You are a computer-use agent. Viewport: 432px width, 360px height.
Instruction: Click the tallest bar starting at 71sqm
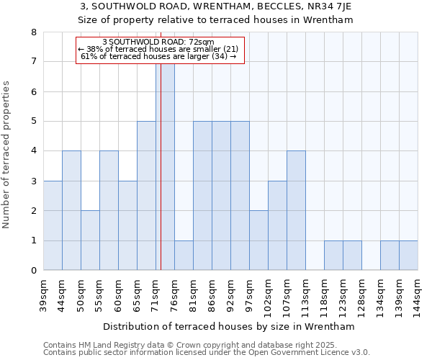(x=165, y=166)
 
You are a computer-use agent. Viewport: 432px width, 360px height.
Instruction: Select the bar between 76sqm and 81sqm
(x=184, y=256)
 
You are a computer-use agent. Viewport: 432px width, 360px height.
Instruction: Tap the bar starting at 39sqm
(x=53, y=225)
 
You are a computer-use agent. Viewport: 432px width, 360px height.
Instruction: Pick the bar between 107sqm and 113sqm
(x=296, y=210)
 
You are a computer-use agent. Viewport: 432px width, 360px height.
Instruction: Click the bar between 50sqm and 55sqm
(x=90, y=240)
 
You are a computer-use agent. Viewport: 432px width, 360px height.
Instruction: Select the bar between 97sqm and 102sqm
(x=258, y=240)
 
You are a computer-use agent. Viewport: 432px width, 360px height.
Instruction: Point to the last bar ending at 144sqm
(x=408, y=256)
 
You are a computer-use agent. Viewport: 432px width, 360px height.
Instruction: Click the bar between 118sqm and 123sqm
(x=333, y=256)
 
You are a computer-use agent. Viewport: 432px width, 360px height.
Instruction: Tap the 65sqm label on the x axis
(x=138, y=294)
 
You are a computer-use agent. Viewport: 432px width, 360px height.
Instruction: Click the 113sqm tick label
(x=306, y=295)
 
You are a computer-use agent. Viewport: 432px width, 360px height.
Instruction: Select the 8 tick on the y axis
(x=33, y=32)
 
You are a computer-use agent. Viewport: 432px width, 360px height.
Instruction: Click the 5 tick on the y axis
(x=33, y=122)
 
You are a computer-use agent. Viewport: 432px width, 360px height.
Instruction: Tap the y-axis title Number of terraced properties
(x=7, y=155)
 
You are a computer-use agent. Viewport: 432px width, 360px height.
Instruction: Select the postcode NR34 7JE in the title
(x=325, y=6)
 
